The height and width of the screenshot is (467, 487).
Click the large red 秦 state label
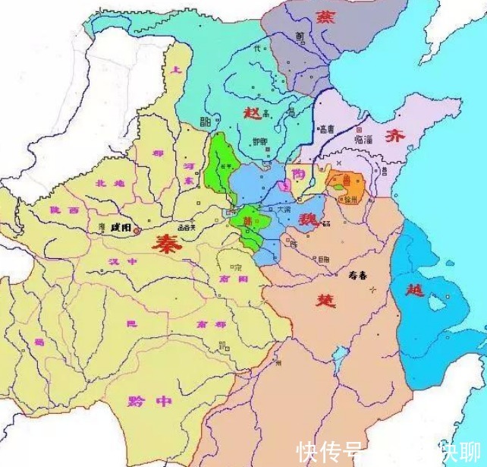(165, 245)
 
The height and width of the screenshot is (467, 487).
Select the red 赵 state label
(252, 112)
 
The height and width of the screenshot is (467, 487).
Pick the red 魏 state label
(307, 220)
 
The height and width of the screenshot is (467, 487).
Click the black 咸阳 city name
(120, 226)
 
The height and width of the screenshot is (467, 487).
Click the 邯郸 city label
(259, 141)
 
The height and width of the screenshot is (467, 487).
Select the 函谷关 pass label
(186, 226)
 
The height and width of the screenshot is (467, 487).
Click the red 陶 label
(299, 174)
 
